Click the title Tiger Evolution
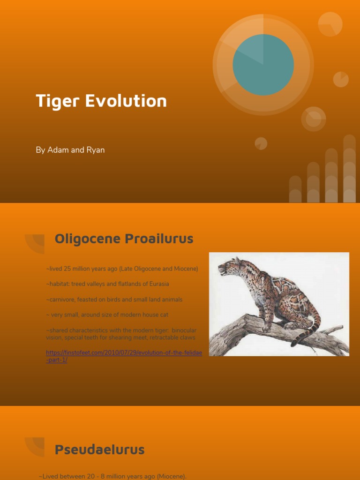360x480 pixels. pyautogui.click(x=101, y=101)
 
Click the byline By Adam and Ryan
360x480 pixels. pyautogui.click(x=70, y=150)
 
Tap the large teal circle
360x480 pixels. pyautogui.click(x=263, y=65)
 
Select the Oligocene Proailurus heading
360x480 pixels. pyautogui.click(x=124, y=239)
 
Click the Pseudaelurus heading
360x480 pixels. pyautogui.click(x=99, y=450)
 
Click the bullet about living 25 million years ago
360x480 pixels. pyautogui.click(x=122, y=269)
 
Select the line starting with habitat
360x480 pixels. pyautogui.click(x=107, y=284)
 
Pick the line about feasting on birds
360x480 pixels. pyautogui.click(x=114, y=300)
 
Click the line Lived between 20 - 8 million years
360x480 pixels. pyautogui.click(x=112, y=476)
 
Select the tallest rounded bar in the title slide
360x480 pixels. pyautogui.click(x=349, y=169)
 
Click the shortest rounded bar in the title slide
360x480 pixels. pyautogui.click(x=295, y=189)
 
